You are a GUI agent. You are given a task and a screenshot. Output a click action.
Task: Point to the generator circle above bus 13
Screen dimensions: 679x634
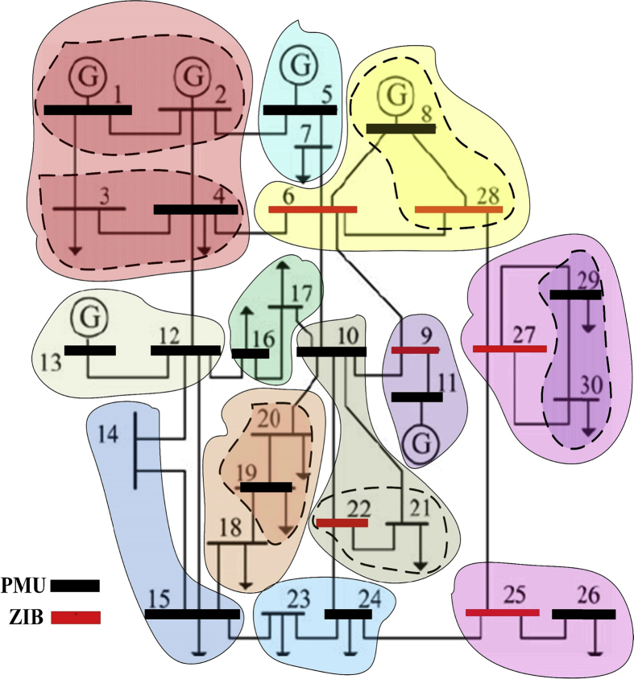[89, 316]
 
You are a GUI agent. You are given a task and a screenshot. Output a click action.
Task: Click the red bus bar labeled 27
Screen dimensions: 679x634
[509, 348]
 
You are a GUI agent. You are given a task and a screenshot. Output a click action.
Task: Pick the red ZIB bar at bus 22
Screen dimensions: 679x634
[342, 523]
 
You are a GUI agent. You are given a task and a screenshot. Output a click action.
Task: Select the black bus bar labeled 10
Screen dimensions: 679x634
[331, 351]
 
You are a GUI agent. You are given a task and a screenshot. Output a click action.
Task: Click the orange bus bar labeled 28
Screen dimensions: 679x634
[458, 210]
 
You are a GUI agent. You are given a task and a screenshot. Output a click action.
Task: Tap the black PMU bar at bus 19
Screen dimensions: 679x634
[266, 488]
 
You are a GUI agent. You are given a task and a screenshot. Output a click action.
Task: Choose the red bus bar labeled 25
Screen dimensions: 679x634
[503, 613]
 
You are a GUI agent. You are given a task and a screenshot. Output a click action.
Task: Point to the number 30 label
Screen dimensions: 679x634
[591, 385]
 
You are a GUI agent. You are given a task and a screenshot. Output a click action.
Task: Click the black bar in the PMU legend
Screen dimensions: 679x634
[75, 586]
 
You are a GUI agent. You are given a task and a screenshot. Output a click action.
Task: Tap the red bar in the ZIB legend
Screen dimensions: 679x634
[75, 618]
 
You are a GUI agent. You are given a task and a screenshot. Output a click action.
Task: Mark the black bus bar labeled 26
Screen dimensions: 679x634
[584, 614]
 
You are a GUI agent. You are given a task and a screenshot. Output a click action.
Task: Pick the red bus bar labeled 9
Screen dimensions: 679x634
[415, 350]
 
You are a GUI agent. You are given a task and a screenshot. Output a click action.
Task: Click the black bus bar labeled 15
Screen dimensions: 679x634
[193, 614]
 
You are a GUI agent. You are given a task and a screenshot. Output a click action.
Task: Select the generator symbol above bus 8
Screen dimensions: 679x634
[396, 95]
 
